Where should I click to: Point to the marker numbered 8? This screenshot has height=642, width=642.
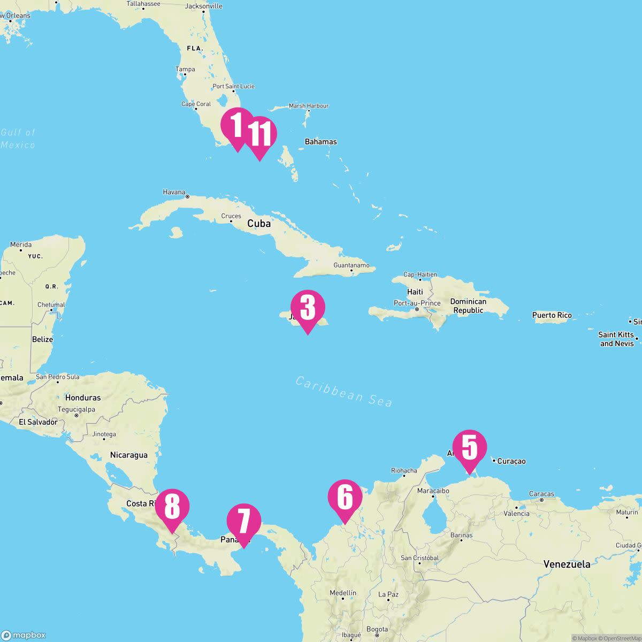pos(172,507)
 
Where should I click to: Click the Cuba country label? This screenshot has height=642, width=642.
pos(259,224)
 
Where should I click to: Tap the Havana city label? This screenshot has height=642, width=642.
pos(174,192)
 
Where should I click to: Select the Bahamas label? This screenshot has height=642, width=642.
pos(320,142)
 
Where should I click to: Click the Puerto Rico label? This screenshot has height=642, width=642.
pos(552,315)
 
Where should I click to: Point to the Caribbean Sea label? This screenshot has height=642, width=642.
pos(344,391)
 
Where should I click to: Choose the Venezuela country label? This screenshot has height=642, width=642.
pos(567,564)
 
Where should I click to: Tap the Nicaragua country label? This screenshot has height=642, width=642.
pos(128,455)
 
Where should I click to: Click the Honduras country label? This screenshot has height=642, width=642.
pos(83,398)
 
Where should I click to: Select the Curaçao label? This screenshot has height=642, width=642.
pos(511,461)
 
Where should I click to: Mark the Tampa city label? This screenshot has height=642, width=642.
pos(185,70)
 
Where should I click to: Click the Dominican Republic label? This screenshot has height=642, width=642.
pos(468,306)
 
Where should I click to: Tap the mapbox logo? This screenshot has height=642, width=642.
pos(24,635)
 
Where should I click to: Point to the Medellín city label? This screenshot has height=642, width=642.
pos(342,593)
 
